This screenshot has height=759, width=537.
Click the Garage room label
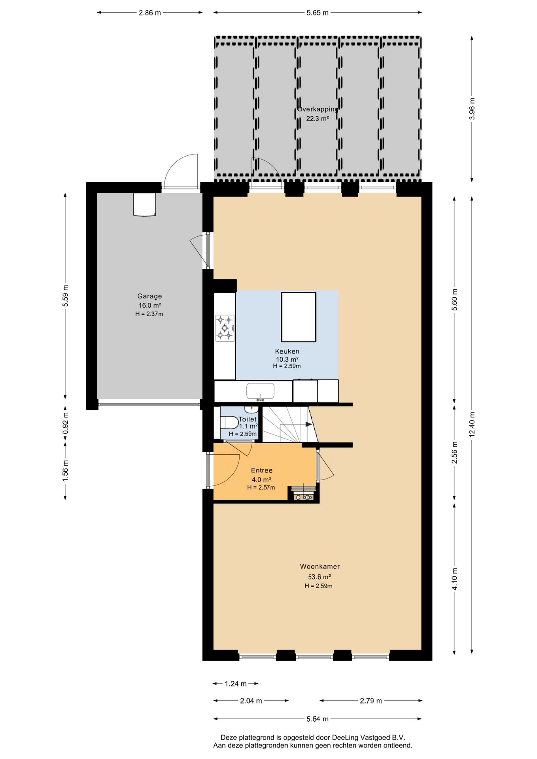click(149, 296)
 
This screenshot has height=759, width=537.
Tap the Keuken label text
click(287, 351)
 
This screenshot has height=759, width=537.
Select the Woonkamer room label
click(320, 566)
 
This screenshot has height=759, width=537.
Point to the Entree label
click(262, 470)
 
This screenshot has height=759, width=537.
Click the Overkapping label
click(318, 110)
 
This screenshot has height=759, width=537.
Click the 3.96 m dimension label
click(472, 109)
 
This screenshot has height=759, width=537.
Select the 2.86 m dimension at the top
click(150, 13)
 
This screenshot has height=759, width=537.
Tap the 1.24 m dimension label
click(236, 684)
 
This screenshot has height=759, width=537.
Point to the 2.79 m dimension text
click(371, 701)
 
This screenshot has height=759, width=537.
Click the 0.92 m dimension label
click(66, 423)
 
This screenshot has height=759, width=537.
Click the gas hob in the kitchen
click(225, 328)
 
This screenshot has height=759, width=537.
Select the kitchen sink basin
click(260, 391)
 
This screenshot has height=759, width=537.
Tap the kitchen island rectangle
click(299, 317)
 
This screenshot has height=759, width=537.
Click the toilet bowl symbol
click(229, 423)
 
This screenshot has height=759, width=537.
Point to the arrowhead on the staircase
click(309, 424)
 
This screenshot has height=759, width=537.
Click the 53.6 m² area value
click(320, 577)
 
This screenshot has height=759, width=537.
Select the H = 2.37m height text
click(149, 314)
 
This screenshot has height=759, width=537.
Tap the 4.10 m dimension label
click(455, 579)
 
